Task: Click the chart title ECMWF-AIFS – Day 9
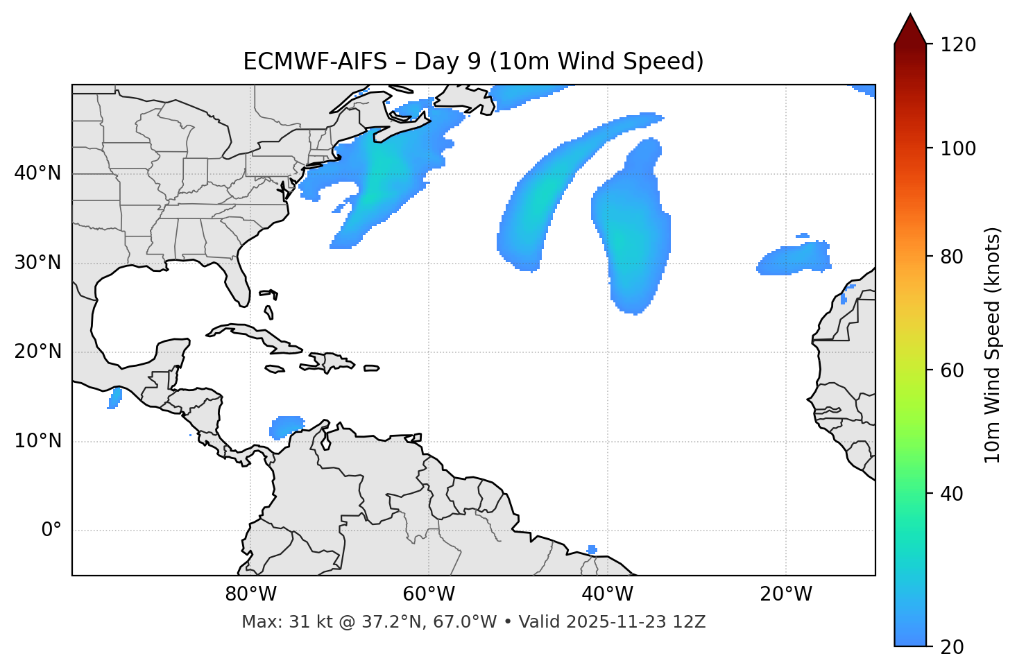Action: (473, 62)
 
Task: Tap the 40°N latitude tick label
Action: (37, 173)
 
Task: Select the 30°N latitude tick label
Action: (37, 263)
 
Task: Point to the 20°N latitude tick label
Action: (37, 352)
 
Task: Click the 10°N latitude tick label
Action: (37, 441)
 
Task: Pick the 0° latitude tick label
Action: (51, 531)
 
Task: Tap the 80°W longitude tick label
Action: (250, 594)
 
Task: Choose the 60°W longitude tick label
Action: (429, 594)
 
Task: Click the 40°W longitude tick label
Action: (607, 594)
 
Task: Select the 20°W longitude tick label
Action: (785, 594)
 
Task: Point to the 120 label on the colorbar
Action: (958, 44)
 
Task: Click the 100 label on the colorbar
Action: (958, 148)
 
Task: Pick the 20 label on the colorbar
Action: (952, 647)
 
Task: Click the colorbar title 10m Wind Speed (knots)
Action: (993, 345)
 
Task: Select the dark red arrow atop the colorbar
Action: (909, 30)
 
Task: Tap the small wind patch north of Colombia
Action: (286, 426)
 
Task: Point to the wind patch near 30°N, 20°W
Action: (794, 259)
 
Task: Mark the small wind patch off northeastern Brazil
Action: (592, 550)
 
